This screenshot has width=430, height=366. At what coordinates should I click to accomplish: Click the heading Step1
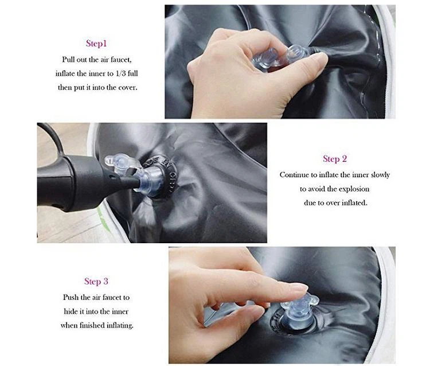[x=96, y=43]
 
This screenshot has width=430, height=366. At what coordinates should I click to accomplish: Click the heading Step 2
[x=335, y=159]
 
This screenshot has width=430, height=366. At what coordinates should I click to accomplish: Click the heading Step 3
[x=96, y=281]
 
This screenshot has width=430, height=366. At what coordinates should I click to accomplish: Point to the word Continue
[x=295, y=174]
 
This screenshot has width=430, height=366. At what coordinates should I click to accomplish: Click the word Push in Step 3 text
[x=71, y=297]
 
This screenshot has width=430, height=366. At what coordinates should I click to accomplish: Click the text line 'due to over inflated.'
[x=335, y=203]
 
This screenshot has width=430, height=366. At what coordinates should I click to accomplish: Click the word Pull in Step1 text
[x=70, y=59]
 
